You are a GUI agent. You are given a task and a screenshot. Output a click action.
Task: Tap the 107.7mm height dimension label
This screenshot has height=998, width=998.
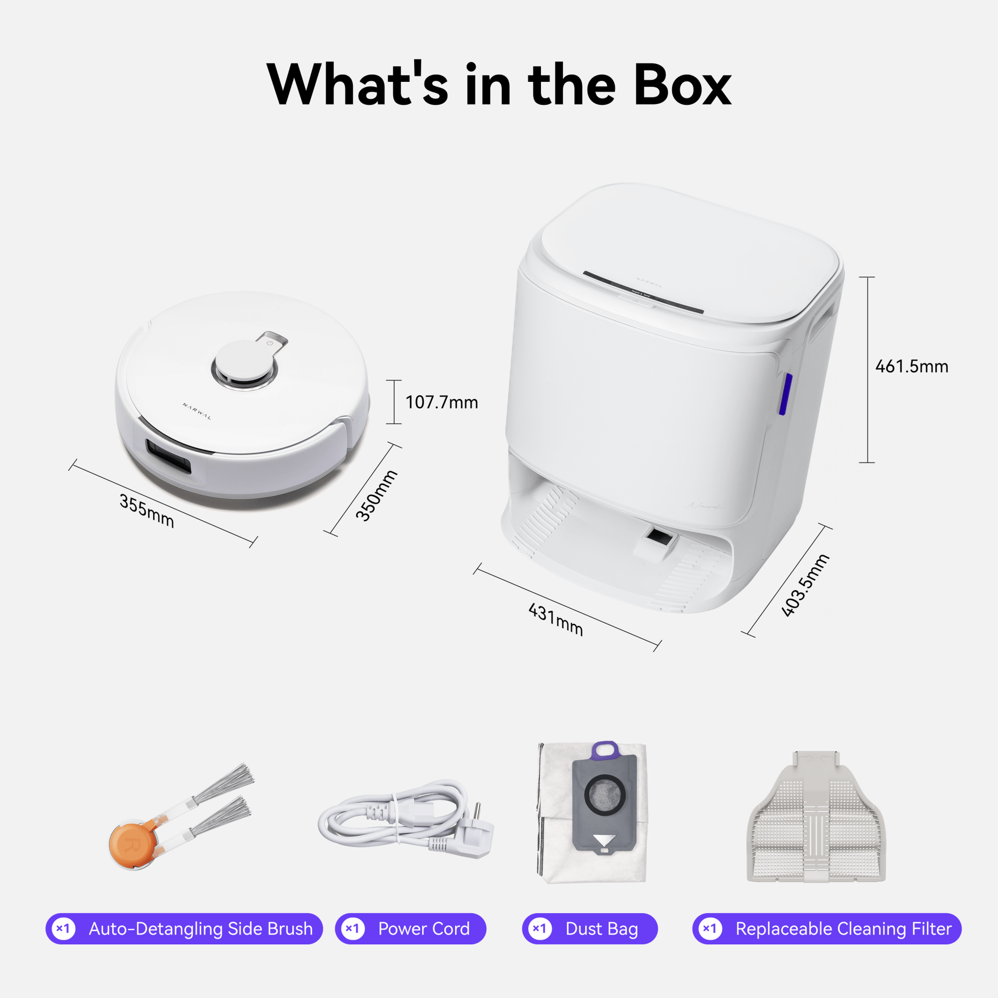442,402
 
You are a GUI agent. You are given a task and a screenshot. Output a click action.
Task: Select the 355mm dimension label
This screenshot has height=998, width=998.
147,511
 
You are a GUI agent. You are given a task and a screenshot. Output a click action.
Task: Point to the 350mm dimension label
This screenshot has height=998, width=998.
377,496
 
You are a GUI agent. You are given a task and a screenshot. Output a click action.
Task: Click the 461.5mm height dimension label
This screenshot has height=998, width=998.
912,367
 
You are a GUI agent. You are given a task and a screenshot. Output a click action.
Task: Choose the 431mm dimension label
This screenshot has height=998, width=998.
556,619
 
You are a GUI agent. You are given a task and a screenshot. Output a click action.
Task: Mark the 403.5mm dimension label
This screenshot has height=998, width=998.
805,585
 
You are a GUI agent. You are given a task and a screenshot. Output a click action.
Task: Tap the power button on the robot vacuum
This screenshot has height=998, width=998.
270,343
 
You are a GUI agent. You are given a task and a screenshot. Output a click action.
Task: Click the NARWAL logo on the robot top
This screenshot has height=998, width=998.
197,412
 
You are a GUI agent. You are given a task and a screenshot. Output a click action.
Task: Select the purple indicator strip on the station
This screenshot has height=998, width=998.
784,394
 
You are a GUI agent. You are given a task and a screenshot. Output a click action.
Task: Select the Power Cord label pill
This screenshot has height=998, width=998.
410,929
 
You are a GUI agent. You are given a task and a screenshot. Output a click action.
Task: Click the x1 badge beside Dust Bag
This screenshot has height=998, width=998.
539,929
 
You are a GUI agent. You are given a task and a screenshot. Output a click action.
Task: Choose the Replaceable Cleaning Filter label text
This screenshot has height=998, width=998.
843,929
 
